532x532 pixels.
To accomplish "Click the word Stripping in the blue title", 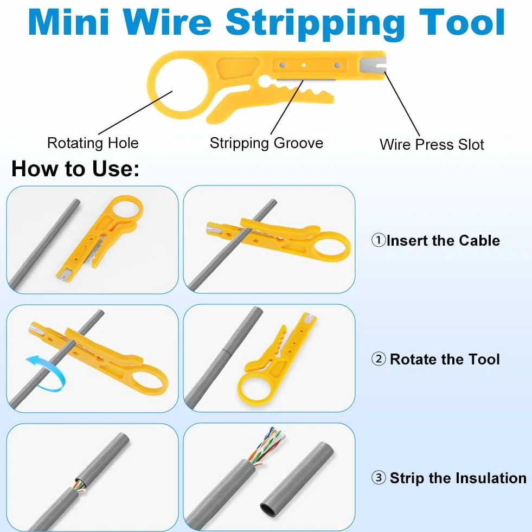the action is pos(315,24).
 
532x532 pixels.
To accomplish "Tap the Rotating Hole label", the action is pos(93,143).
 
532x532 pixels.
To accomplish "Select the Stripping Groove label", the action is pos(266,143).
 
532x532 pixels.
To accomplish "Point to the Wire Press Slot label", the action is pos(432,145).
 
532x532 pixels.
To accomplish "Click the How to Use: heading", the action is pos(75,169).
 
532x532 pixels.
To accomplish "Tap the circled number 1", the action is pos(379,240).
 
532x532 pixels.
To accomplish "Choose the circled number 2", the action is pos(379,359).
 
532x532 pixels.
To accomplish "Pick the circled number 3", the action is pos(379,478).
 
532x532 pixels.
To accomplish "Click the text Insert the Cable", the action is pos(443,241).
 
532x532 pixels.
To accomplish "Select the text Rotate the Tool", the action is pos(445,360).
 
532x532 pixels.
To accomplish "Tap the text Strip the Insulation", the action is pos(458,478).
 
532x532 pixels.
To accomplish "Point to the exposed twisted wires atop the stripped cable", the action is pos(267,446).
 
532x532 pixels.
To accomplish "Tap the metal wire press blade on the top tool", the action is pos(373,65).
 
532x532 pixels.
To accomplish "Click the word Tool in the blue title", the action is pos(462,22).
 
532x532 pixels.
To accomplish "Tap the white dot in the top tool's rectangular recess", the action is pos(304,65).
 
